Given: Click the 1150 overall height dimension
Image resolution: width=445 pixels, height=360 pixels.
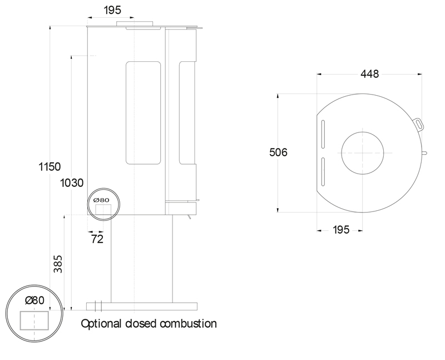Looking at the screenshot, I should click(50, 167).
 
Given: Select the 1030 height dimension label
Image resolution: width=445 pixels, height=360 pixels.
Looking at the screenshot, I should click(72, 183).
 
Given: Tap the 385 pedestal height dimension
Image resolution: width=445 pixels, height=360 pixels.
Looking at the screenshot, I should click(58, 264).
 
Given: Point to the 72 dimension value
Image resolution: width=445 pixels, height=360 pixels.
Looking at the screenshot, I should click(97, 239).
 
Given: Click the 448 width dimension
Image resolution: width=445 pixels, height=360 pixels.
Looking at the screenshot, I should click(369, 74).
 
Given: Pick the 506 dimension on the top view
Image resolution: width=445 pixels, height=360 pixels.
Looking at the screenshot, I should click(278, 152).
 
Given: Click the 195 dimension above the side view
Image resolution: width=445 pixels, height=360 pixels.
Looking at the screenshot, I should click(112, 11).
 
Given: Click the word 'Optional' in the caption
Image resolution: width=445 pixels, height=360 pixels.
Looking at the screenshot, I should click(102, 323).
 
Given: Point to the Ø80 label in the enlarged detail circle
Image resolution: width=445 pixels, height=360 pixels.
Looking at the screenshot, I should click(34, 300).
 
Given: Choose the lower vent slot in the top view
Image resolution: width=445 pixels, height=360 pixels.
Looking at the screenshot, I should click(322, 172).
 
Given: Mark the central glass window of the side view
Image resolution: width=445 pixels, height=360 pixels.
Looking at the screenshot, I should click(143, 113).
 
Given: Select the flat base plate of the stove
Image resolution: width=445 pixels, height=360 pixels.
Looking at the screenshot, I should click(142, 306).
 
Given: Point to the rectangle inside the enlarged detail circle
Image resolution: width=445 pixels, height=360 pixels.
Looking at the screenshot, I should click(34, 320).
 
